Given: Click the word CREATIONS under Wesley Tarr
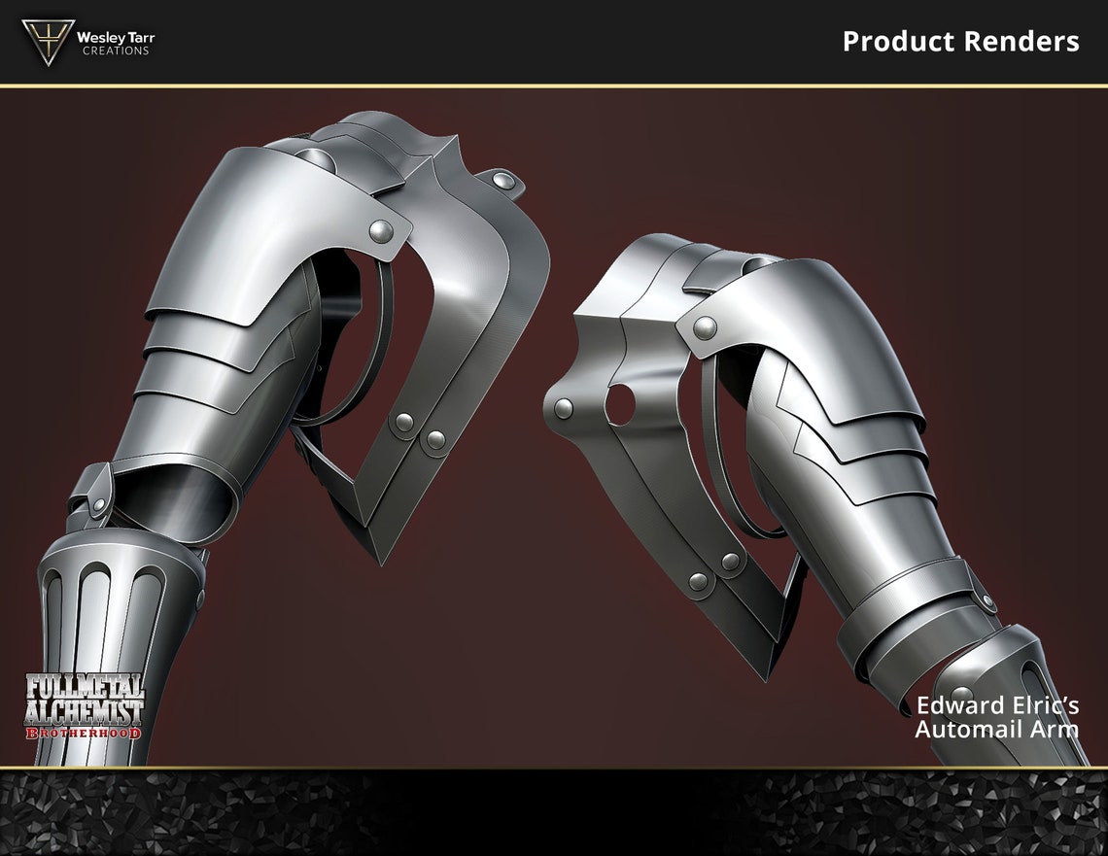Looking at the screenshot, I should click(x=115, y=51).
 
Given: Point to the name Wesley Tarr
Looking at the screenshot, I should click(x=115, y=37).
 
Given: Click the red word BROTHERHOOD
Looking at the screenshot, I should click(x=83, y=731).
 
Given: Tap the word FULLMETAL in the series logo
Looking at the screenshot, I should click(x=84, y=685).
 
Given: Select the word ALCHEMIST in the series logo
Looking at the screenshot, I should click(x=84, y=709).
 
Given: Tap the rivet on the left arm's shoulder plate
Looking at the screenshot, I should click(x=383, y=231).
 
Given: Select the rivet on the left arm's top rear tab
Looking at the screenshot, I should click(x=502, y=180).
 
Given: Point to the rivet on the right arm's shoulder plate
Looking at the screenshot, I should click(x=707, y=327).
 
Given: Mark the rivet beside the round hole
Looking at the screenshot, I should click(x=564, y=408).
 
